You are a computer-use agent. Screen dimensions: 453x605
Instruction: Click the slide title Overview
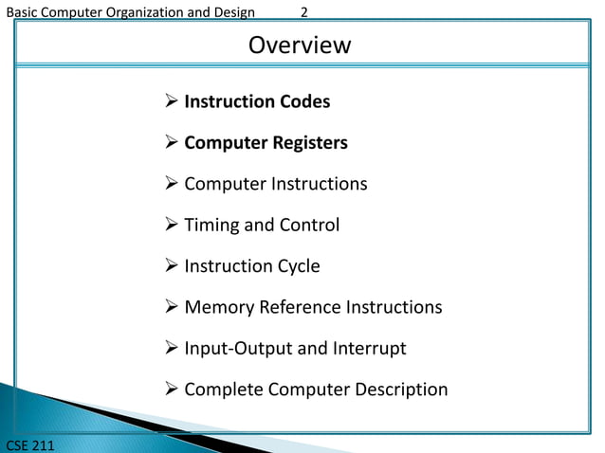coord(300,45)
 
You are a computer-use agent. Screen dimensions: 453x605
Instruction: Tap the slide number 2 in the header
coord(304,12)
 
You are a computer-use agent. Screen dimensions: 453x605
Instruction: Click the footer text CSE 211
coord(29,444)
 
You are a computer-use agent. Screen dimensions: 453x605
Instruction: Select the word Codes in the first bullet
coord(305,101)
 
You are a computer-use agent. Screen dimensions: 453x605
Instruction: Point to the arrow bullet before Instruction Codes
coord(171,101)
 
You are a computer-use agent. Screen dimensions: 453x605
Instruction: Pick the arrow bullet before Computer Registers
coord(171,143)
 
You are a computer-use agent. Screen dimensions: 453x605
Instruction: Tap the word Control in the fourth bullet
coord(309,226)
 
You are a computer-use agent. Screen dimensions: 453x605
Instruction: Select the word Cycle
coord(295,266)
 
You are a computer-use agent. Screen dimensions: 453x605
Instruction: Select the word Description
coord(399,390)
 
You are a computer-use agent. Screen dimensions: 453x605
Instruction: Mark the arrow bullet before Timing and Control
coord(171,226)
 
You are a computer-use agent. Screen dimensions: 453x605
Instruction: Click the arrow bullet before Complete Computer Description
coord(171,390)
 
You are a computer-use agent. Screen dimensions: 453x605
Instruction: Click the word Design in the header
coord(232,12)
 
